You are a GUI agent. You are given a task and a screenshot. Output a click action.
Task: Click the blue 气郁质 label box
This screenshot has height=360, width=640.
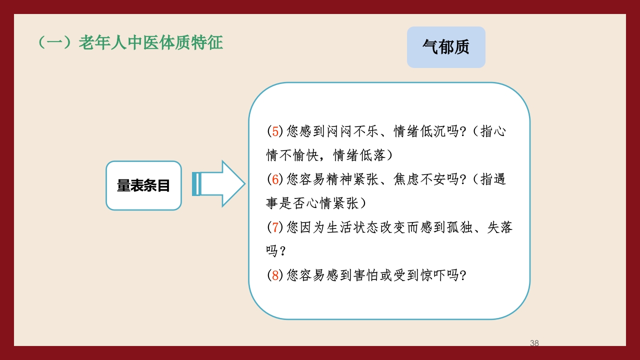tap(446, 47)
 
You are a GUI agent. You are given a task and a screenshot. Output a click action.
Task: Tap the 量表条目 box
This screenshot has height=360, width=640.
tap(143, 185)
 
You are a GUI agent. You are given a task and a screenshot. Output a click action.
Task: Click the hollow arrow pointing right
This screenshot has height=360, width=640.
tap(220, 183)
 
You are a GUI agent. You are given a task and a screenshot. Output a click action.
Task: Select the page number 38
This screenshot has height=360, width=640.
tap(534, 343)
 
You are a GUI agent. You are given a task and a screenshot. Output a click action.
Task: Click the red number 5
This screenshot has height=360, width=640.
tap(275, 131)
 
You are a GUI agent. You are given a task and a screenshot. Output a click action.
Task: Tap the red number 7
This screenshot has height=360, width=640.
tap(275, 227)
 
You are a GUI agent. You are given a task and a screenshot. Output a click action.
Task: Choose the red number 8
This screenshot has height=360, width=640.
tap(275, 275)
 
